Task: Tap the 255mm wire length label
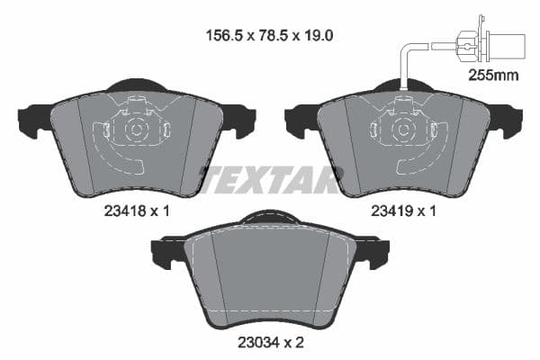(x=494, y=76)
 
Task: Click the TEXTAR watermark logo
(x=270, y=179)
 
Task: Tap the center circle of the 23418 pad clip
(x=136, y=129)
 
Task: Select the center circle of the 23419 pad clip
(x=403, y=129)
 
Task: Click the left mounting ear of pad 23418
(x=32, y=117)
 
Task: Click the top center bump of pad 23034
(x=269, y=216)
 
